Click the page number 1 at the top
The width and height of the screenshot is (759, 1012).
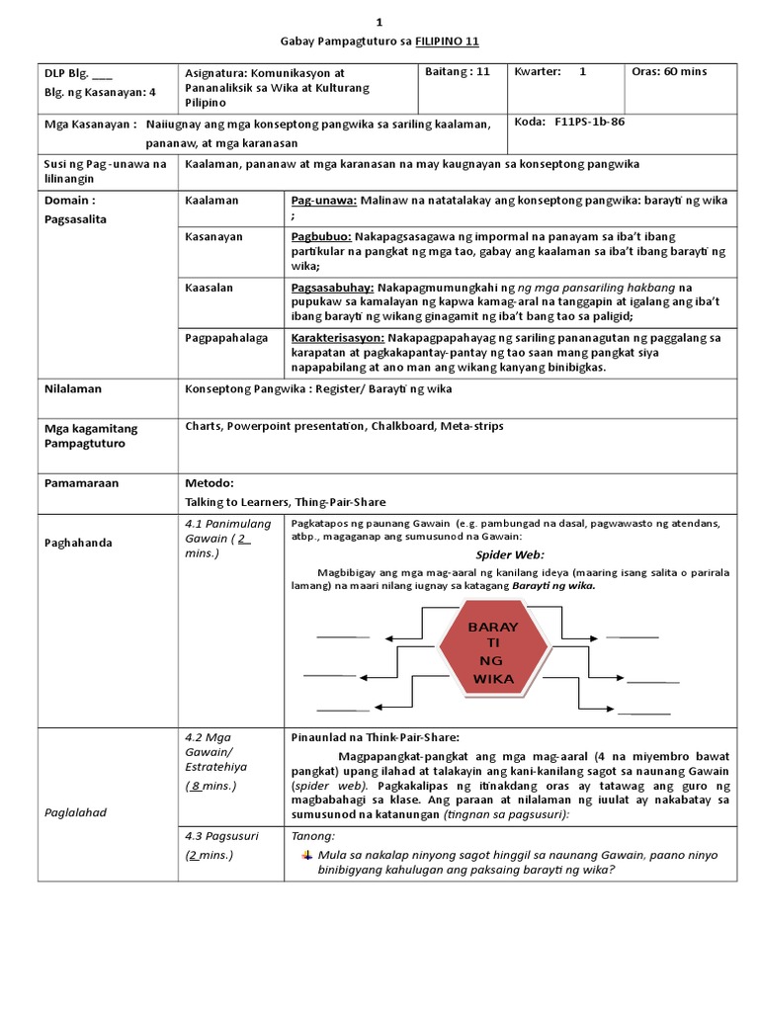pos(379,22)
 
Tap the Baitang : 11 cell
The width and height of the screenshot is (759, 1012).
pos(457,72)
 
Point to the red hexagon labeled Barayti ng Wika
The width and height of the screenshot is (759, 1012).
pos(493,653)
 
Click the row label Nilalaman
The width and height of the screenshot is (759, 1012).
pos(73,389)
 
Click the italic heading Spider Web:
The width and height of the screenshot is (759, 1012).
pos(510,555)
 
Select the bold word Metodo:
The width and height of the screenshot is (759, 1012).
pos(209,484)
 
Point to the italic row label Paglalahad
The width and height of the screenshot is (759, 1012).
pos(74,811)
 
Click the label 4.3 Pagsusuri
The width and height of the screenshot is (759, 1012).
pos(221,836)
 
